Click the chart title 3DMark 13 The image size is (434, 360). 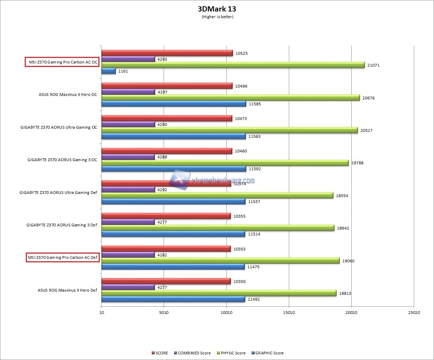pyautogui.click(x=217, y=9)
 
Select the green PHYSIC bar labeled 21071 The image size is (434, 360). pyautogui.click(x=233, y=65)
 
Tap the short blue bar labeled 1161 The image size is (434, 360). pyautogui.click(x=108, y=71)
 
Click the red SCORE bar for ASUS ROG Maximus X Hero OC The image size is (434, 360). pyautogui.click(x=167, y=86)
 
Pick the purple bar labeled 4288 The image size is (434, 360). pyautogui.click(x=128, y=157)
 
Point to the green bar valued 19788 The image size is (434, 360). pyautogui.click(x=225, y=163)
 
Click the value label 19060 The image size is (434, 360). pyautogui.click(x=348, y=261)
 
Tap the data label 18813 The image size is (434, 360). pyautogui.click(x=345, y=293)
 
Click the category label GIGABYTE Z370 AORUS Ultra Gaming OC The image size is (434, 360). pyautogui.click(x=59, y=127)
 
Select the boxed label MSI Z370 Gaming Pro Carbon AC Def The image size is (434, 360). pyautogui.click(x=62, y=257)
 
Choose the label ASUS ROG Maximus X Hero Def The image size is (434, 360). pyautogui.click(x=67, y=290)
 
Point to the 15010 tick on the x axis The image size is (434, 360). pyautogui.click(x=289, y=313)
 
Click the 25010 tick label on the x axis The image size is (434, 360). pyautogui.click(x=414, y=313)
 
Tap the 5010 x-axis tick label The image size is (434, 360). pyautogui.click(x=164, y=313)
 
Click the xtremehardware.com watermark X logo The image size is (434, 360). pyautogui.click(x=179, y=179)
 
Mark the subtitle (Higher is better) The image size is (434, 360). pyautogui.click(x=217, y=17)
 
